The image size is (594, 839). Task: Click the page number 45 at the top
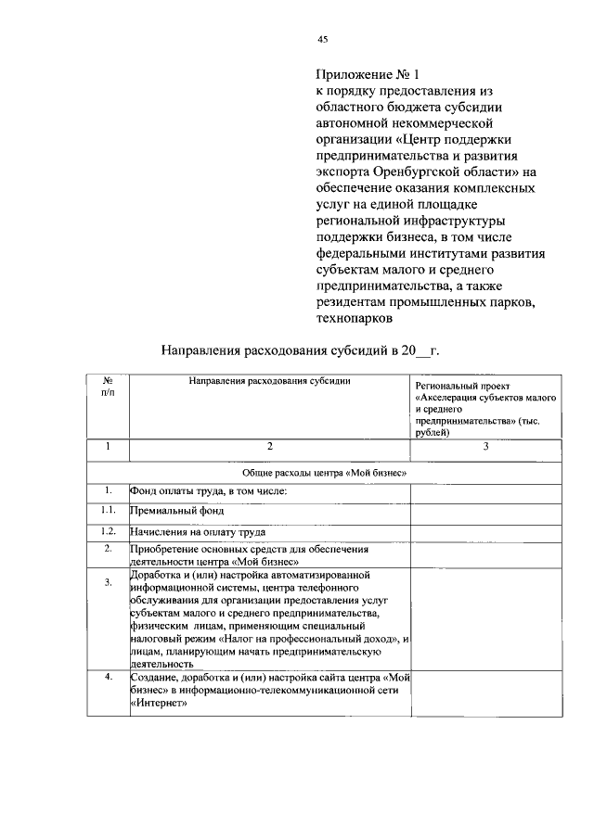click(x=322, y=39)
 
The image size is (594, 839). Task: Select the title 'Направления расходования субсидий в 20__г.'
click(x=299, y=351)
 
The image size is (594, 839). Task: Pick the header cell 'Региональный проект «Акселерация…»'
click(x=485, y=407)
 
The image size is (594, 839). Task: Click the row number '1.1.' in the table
click(x=108, y=510)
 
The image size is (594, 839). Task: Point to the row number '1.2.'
click(x=108, y=531)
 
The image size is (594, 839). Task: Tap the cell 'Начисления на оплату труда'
click(x=198, y=532)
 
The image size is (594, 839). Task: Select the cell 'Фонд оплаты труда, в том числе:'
click(x=209, y=490)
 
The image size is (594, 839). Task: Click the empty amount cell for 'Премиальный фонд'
click(x=485, y=511)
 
